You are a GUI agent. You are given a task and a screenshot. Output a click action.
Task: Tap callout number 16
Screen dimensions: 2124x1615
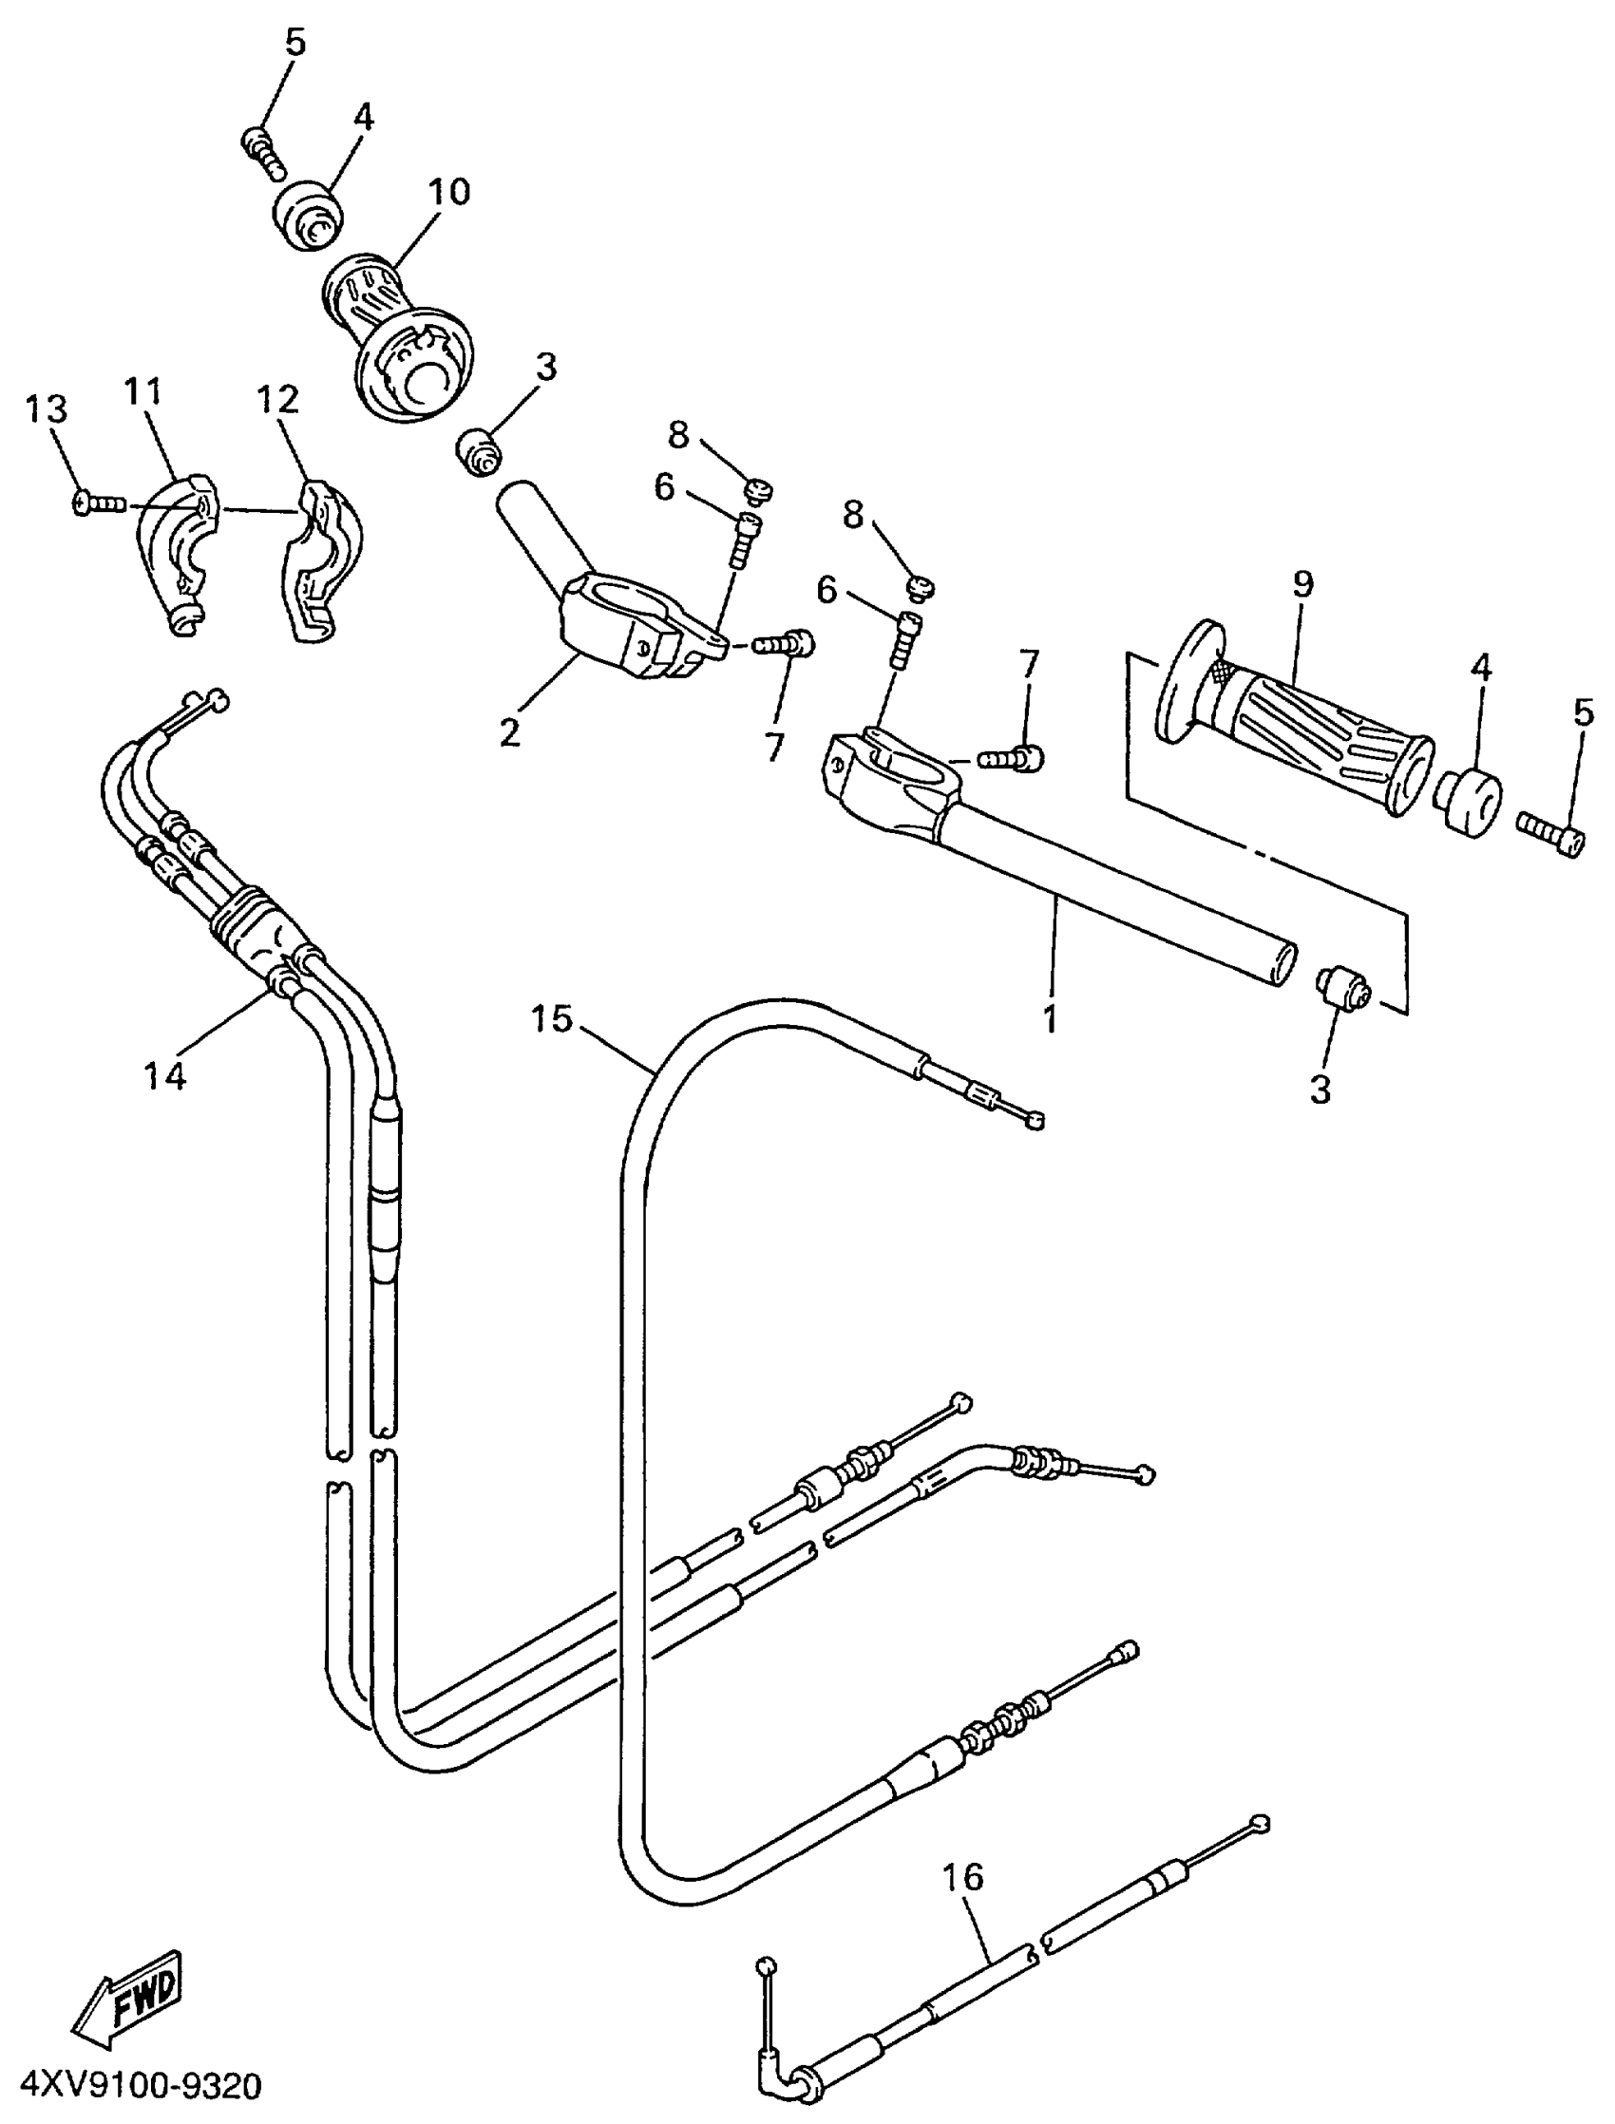point(962,1875)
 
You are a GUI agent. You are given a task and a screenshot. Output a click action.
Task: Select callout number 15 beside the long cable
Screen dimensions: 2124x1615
point(552,1017)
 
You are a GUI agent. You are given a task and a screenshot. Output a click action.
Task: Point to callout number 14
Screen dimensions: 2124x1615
point(164,1075)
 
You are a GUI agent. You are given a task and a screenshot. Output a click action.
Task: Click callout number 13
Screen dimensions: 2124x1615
point(47,408)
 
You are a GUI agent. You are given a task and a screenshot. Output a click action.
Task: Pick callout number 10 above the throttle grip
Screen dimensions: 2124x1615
point(449,190)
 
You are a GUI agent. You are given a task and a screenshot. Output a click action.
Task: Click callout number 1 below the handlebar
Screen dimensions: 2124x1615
point(1050,1016)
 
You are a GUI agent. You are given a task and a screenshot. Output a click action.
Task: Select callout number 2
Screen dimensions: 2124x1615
point(509,733)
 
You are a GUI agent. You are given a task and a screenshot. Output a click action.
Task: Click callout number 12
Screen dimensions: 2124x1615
point(277,399)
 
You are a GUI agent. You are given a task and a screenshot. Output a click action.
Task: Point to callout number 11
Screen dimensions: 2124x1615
point(143,392)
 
